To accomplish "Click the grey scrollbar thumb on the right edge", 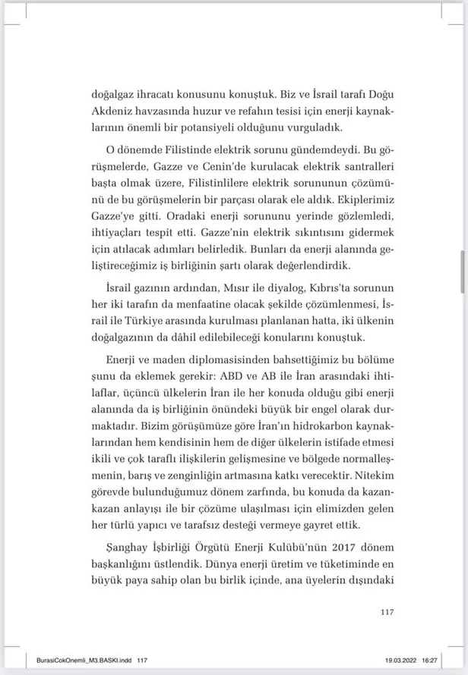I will coord(462,274).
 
